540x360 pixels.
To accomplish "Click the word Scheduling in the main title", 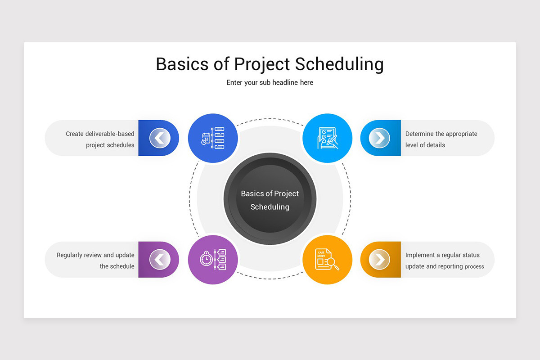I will [339, 64].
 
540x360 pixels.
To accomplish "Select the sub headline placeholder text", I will [270, 83].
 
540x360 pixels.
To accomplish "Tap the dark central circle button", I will [270, 199].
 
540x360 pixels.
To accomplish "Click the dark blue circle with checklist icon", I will [213, 138].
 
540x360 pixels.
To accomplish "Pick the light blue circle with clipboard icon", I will [327, 138].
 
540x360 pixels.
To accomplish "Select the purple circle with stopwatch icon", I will [213, 260].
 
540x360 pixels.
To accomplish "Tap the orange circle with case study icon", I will [327, 260].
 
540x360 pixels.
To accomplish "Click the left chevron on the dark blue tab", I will [160, 138].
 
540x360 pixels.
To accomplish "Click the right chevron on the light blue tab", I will [379, 138].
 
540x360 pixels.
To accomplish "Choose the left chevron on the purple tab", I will [160, 260].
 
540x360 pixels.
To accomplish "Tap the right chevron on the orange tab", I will [379, 260].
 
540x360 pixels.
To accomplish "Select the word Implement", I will [420, 255].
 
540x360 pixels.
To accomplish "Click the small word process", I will [474, 266].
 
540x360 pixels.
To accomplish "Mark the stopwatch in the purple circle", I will [206, 259].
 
